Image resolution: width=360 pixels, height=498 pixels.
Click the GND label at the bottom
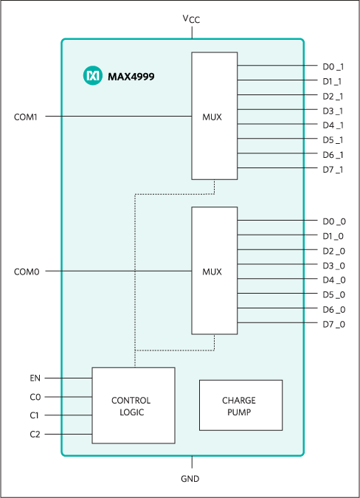pyautogui.click(x=191, y=478)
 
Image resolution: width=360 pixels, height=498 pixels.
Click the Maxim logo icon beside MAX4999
pyautogui.click(x=93, y=76)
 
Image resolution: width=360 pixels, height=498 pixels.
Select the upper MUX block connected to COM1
pyautogui.click(x=214, y=116)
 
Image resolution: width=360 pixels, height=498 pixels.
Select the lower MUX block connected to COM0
pyautogui.click(x=214, y=271)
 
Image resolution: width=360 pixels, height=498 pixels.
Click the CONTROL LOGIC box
pyautogui.click(x=133, y=405)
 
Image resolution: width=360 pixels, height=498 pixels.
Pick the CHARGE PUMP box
pyautogui.click(x=240, y=405)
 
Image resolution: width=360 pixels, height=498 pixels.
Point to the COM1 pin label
pyautogui.click(x=27, y=117)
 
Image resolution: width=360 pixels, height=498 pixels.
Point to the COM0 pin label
pyautogui.click(x=27, y=272)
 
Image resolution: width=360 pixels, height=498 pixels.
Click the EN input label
pyautogui.click(x=35, y=378)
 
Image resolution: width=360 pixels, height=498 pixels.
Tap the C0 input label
pyautogui.click(x=35, y=397)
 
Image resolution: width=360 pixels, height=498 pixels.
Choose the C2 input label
pyautogui.click(x=35, y=435)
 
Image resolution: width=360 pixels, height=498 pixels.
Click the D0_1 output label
pyautogui.click(x=333, y=66)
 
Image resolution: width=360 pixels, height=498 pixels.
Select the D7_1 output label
pyautogui.click(x=333, y=169)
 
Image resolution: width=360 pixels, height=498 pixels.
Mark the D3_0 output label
pyautogui.click(x=333, y=266)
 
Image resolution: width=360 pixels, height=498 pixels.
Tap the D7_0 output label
pyautogui.click(x=333, y=324)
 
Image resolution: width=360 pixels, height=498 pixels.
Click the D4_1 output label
pyautogui.click(x=333, y=125)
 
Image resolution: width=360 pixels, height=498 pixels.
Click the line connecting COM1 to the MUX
pyautogui.click(x=118, y=117)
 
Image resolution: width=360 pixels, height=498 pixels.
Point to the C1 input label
pyautogui.click(x=35, y=415)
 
